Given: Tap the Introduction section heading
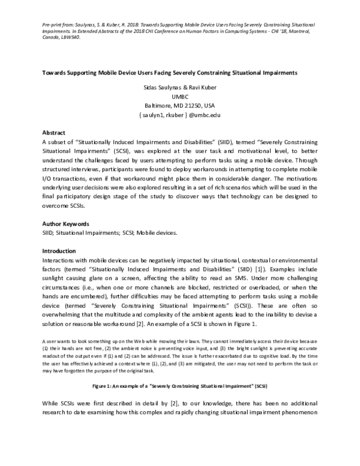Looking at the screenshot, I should coord(59,250).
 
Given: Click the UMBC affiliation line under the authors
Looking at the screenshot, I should coord(179,94).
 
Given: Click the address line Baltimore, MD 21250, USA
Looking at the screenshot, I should coord(179,103).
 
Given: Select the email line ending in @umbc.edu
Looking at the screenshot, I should coord(179,113).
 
